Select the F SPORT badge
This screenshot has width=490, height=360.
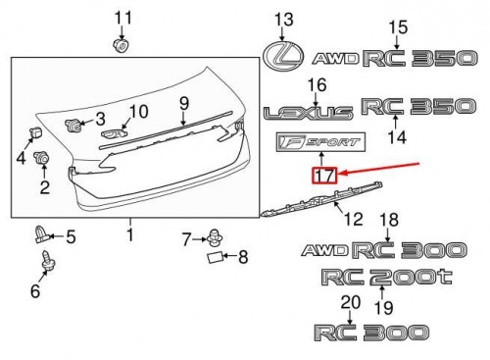click(x=320, y=142)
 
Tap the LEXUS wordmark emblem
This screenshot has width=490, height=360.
click(x=309, y=113)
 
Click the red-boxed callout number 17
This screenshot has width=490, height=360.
click(x=324, y=176)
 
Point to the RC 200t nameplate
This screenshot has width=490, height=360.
click(x=387, y=277)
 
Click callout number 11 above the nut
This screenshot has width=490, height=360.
click(x=122, y=18)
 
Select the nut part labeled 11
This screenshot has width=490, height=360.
click(x=122, y=45)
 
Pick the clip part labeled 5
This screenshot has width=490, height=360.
click(x=41, y=234)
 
